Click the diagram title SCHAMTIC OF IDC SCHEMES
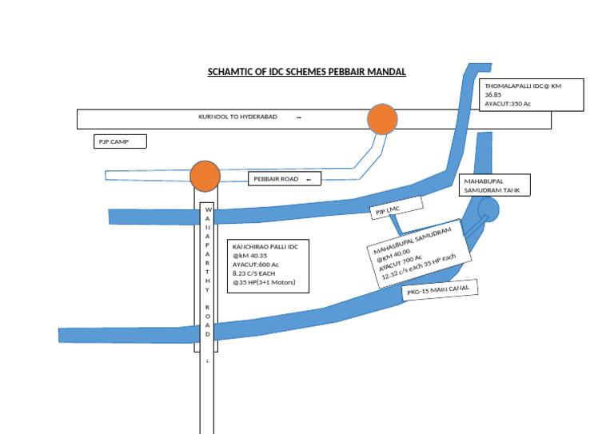(306, 72)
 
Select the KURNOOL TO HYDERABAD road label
(238, 117)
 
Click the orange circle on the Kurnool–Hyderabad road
(382, 119)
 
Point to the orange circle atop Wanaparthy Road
(205, 176)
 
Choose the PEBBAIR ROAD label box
(284, 179)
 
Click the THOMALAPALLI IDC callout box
(532, 94)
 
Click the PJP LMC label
(388, 211)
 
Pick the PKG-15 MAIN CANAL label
(440, 290)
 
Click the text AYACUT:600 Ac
(256, 264)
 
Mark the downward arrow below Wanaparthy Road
(207, 361)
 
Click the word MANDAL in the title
(388, 72)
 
